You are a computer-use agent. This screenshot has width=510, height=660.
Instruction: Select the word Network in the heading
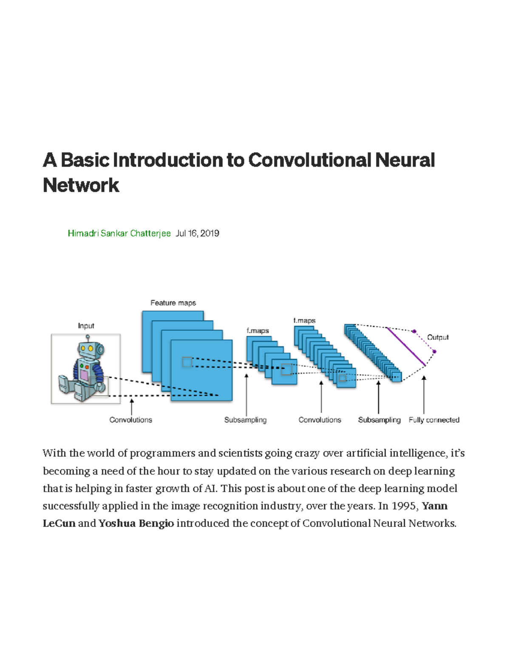[x=81, y=185]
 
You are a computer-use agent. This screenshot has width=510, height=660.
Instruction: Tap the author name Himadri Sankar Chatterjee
[x=119, y=233]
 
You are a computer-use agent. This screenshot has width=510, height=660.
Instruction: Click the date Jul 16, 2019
[x=198, y=233]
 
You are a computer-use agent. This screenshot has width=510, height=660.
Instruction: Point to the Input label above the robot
[x=86, y=326]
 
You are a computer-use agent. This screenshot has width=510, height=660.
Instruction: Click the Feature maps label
[x=173, y=303]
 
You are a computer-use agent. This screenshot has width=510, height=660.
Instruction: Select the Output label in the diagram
[x=438, y=337]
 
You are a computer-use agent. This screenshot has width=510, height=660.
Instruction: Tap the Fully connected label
[x=434, y=420]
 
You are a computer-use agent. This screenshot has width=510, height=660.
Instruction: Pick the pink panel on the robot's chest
[x=84, y=375]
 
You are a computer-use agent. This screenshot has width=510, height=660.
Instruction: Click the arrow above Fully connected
[x=424, y=393]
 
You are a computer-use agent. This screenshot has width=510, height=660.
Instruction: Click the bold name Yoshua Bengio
[x=136, y=523]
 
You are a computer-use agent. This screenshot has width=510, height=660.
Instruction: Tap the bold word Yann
[x=434, y=506]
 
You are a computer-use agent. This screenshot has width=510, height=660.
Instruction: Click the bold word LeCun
[x=59, y=523]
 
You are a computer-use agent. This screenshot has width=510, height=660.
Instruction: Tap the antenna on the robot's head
[x=88, y=338]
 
